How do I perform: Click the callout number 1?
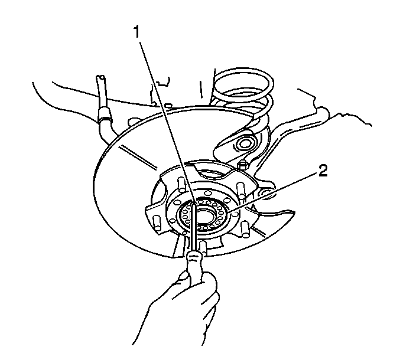click(137, 32)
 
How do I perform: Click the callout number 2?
click(322, 171)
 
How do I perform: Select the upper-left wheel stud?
click(181, 184)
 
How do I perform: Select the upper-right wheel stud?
click(241, 190)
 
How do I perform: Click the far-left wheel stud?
click(157, 223)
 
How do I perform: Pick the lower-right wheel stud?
click(245, 230)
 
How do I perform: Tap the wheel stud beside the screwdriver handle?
click(203, 248)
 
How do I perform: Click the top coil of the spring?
click(243, 82)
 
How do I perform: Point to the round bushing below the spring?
click(244, 144)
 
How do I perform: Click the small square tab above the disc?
click(168, 104)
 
